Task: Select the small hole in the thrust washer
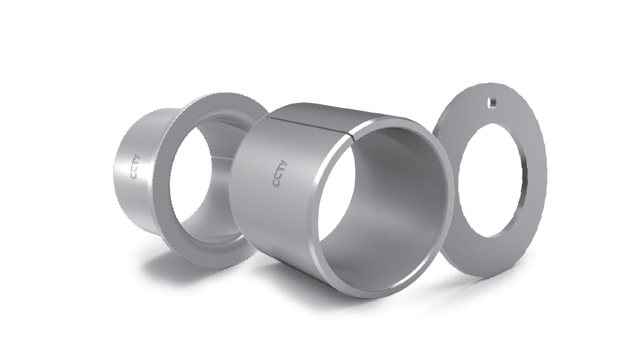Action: pos(491,100)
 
